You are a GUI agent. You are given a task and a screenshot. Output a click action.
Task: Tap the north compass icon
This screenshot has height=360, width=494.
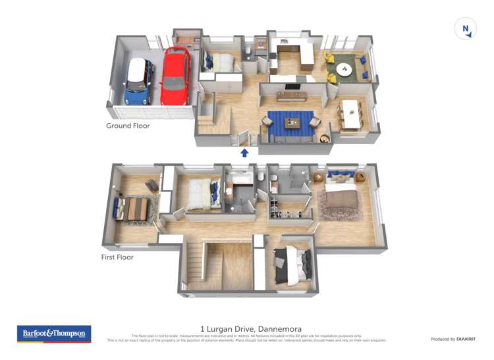[466, 28]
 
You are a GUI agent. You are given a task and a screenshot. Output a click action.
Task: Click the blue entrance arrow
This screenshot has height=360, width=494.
[245, 153]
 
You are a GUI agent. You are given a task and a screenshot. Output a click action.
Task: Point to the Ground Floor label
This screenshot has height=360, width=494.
[128, 126]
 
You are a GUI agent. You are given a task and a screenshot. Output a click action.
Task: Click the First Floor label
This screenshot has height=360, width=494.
[117, 257]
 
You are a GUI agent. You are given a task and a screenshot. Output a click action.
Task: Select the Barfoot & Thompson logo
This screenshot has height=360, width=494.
[54, 334]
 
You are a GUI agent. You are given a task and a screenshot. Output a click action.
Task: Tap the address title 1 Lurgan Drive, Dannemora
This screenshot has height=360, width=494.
[246, 328]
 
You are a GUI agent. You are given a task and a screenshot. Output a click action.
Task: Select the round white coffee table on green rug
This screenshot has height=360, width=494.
[344, 68]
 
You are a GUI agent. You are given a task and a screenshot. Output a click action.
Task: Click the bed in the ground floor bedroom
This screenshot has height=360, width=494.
[220, 63]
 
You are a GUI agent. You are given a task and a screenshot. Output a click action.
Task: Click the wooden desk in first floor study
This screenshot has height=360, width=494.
[138, 209]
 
